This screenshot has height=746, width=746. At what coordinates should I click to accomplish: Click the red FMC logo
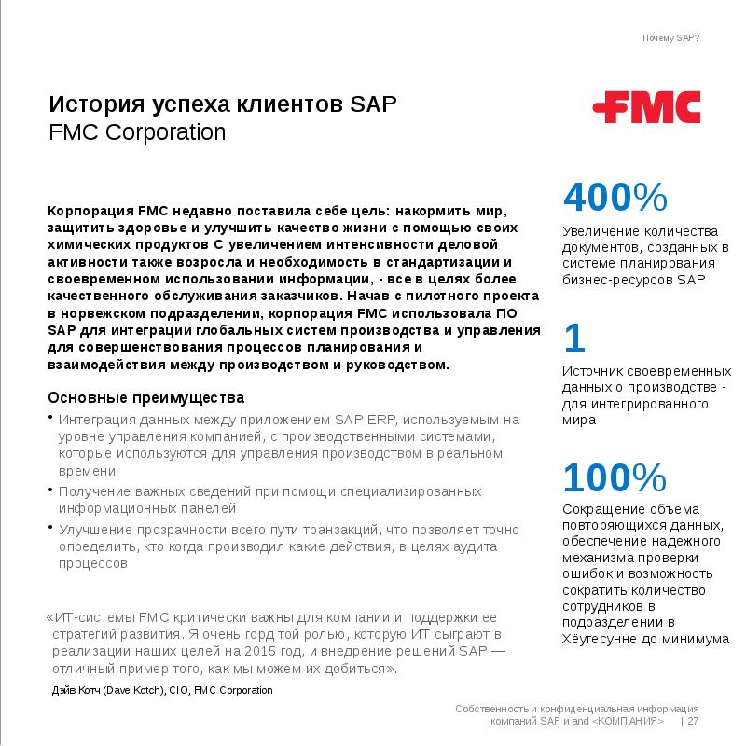click(646, 107)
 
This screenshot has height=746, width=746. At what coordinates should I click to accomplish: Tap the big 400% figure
click(615, 197)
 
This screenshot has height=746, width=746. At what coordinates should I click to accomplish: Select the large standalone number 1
click(574, 338)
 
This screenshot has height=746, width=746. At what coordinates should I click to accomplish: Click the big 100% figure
click(615, 478)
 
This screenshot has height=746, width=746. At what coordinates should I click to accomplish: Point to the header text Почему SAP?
click(671, 37)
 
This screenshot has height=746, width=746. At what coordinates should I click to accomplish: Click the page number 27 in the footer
click(693, 722)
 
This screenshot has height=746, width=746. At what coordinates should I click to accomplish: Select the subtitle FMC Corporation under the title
click(137, 131)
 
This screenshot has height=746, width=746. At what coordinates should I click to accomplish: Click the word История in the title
click(99, 103)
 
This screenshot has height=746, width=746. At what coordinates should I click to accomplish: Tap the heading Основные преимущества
click(145, 396)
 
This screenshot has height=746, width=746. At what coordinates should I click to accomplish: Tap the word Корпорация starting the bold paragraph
click(90, 211)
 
